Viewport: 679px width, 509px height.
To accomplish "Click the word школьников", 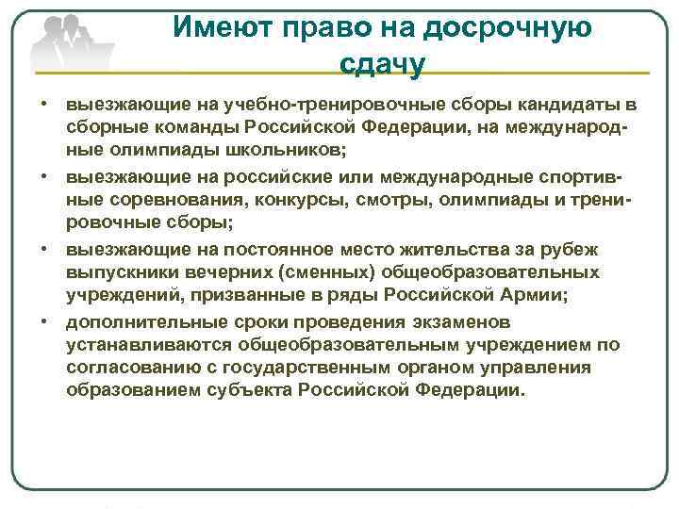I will (x=287, y=149).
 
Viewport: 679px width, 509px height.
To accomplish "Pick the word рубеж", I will (x=595, y=249).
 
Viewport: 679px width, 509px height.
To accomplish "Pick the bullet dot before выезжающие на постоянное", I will (x=44, y=249).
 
